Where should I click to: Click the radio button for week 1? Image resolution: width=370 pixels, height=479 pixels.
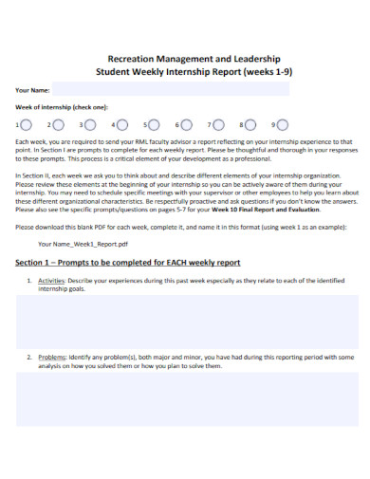(26, 124)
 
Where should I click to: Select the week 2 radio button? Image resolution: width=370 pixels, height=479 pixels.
(58, 124)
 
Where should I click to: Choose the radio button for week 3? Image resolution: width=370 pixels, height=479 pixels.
(90, 124)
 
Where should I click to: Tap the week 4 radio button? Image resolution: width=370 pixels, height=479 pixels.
(122, 124)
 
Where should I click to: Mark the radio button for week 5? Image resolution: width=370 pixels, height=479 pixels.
(155, 124)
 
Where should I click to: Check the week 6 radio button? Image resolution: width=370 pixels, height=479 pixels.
(187, 124)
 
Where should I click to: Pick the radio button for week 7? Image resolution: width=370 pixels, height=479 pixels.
(219, 124)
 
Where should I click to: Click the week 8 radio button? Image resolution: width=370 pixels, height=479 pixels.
(251, 124)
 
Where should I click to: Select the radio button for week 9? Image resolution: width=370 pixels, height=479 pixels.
(284, 124)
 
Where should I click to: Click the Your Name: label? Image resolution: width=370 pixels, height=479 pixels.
(33, 89)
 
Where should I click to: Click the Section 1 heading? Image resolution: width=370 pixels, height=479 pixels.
(128, 262)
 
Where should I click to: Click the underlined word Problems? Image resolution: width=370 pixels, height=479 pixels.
(52, 357)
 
